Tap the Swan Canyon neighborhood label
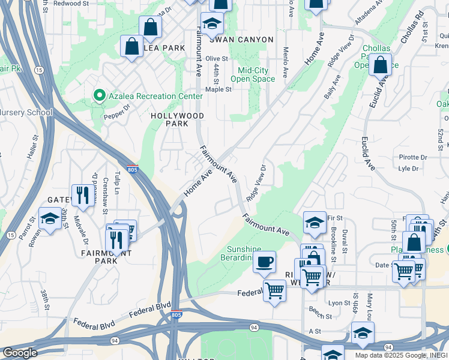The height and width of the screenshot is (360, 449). click(x=241, y=40)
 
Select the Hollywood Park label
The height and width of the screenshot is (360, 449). click(x=177, y=119)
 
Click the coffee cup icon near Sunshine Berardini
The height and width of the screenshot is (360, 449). click(x=264, y=262)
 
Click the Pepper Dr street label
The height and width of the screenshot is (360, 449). click(x=117, y=112)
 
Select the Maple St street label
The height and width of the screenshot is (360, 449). click(x=218, y=89)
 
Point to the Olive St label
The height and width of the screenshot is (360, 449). click(x=217, y=59)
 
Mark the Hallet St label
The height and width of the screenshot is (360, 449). click(x=33, y=146)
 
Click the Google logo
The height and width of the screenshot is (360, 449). click(x=20, y=353)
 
